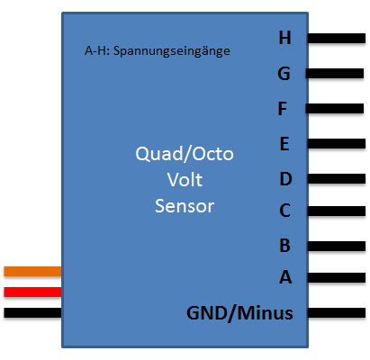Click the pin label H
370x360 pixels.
(x=284, y=38)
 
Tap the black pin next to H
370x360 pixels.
(x=337, y=39)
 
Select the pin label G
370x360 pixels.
(x=284, y=74)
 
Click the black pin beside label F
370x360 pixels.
(x=335, y=108)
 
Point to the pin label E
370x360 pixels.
(x=284, y=144)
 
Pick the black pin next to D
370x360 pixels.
(x=337, y=179)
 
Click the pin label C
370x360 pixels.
(x=284, y=211)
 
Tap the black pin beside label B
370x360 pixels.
(x=337, y=247)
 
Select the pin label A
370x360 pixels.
(x=285, y=277)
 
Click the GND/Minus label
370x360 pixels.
(x=239, y=313)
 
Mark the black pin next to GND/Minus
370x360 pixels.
(x=337, y=313)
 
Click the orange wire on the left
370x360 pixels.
(x=32, y=272)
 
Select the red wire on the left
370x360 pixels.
(x=32, y=292)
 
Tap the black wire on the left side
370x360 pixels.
(x=32, y=313)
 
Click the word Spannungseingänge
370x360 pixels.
(x=172, y=51)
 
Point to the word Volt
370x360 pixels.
(x=185, y=180)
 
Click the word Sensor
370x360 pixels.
(x=185, y=206)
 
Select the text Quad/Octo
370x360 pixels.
(x=185, y=154)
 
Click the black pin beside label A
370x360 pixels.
(x=337, y=277)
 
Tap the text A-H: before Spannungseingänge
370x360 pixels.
(x=97, y=50)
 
